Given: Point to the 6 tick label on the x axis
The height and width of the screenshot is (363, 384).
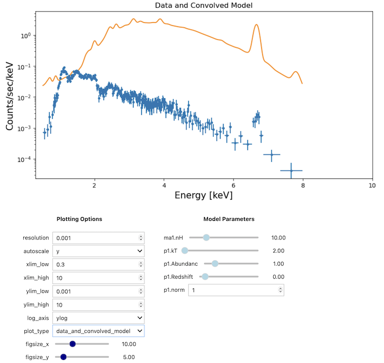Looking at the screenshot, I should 233,185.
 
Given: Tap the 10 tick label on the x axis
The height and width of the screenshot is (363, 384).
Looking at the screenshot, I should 372,185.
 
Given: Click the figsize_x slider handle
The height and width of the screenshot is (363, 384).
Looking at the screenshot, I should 72,344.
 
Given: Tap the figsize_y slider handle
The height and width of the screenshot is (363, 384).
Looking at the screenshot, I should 64,357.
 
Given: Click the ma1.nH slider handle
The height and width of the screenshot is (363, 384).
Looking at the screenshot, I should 206,237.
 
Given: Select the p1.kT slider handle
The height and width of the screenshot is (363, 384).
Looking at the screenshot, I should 185,251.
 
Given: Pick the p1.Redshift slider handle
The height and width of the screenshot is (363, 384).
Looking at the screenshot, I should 205,277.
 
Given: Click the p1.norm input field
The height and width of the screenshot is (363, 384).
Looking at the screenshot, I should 235,290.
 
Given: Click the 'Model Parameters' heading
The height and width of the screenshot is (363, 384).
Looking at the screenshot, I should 229,219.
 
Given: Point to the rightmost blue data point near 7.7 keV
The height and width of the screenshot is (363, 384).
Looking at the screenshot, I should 291,170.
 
